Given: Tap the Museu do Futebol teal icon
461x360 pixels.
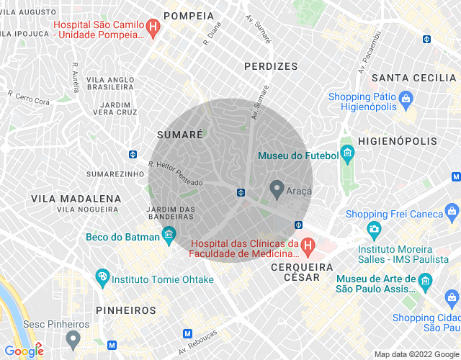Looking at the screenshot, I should (x=348, y=153).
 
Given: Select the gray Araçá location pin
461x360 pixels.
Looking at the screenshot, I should (x=277, y=189).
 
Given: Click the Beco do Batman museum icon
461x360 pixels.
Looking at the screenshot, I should (x=169, y=233).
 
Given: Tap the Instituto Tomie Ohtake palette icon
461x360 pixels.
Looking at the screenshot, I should (x=102, y=276).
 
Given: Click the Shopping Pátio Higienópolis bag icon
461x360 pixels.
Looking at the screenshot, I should (x=406, y=97).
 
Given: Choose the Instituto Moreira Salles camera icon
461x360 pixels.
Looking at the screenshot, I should (x=374, y=229).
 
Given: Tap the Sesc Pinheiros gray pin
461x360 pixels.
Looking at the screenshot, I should (x=72, y=338).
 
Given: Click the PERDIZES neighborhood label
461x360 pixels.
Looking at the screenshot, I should (x=270, y=66).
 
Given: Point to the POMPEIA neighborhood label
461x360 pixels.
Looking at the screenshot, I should (x=189, y=16).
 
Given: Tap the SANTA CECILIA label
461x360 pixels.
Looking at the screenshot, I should (x=413, y=77).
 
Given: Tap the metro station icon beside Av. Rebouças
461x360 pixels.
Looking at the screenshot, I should (x=188, y=333).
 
